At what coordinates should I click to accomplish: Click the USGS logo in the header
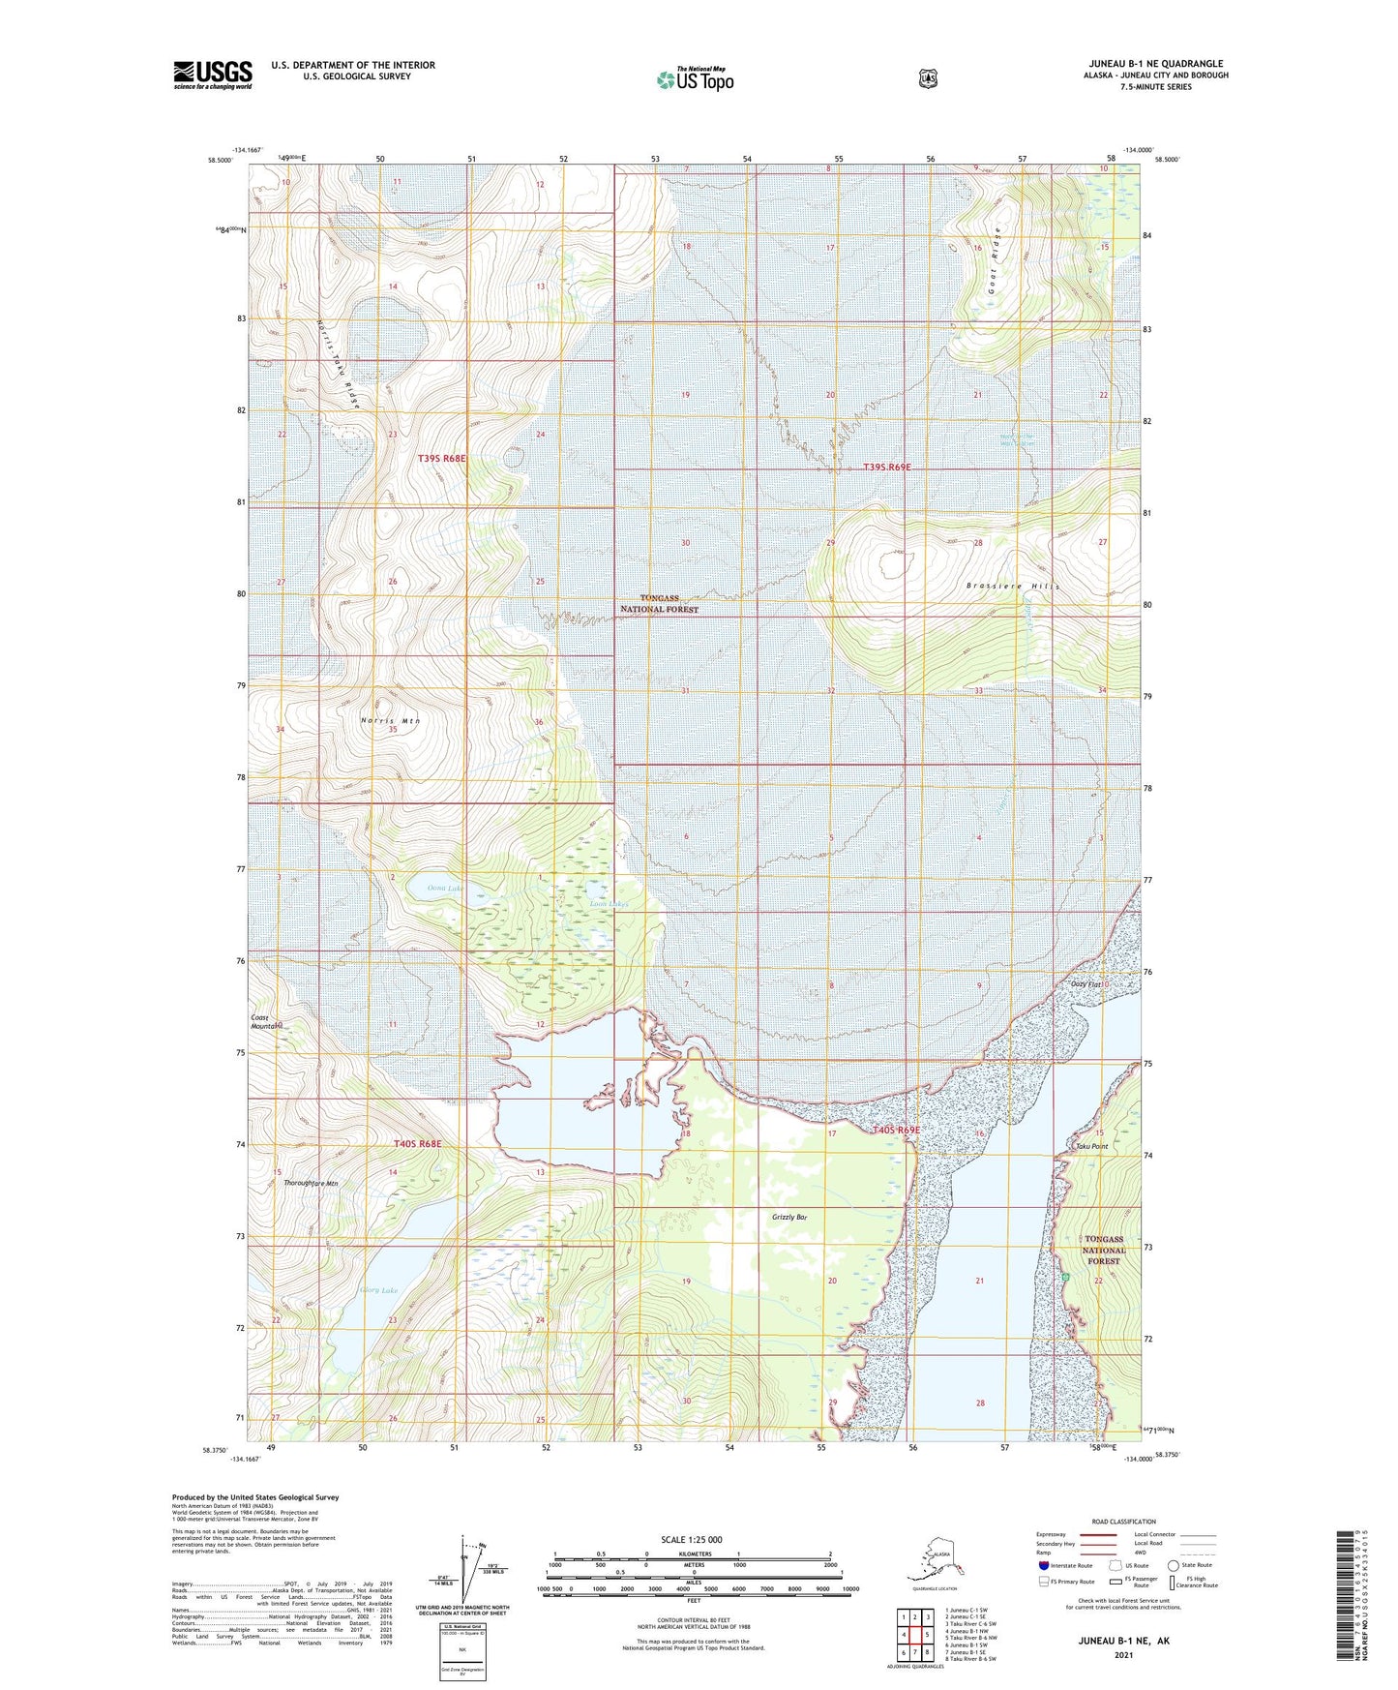pos(213,75)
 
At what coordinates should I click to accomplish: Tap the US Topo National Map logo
pos(694,78)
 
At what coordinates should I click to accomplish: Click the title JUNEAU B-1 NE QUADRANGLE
pos(1155,64)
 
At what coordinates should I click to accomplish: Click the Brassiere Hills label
pos(1013,587)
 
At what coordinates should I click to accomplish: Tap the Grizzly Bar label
pos(789,1217)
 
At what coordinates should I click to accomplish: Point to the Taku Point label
pos(1091,1146)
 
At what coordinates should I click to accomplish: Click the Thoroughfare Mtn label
pos(307,1183)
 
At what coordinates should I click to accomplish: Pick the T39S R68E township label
pos(442,458)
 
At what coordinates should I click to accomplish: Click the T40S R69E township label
pos(896,1130)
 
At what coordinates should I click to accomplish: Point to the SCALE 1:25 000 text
pos(692,1539)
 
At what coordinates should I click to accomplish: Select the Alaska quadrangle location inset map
pos(935,1561)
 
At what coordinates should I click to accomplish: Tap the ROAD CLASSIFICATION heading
pos(1122,1522)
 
